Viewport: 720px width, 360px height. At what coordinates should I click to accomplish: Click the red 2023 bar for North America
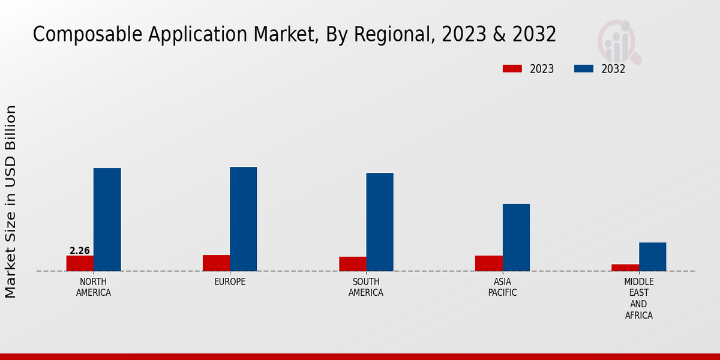coord(80,263)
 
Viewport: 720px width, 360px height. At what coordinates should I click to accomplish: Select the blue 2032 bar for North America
coord(107,220)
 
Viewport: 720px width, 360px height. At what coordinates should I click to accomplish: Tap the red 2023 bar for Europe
coord(216,263)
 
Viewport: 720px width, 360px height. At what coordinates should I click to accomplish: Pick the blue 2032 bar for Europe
coord(243,219)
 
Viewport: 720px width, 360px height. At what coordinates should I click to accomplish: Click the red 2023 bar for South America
coord(352,264)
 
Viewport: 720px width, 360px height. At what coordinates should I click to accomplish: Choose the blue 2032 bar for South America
coord(380,222)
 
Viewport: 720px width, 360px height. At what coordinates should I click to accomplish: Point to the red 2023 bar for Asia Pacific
coord(488,263)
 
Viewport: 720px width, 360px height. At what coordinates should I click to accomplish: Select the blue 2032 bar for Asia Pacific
coord(516,238)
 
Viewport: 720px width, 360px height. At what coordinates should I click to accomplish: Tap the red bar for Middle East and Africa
coord(625,268)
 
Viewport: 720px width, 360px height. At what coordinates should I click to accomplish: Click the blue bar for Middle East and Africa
coord(652,257)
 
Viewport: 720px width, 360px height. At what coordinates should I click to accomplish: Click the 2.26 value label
coord(80,251)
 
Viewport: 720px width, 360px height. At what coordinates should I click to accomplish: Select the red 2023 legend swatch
coord(512,69)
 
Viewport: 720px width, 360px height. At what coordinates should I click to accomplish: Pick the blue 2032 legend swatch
coord(584,69)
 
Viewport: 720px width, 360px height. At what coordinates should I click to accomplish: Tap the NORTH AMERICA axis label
coord(94,287)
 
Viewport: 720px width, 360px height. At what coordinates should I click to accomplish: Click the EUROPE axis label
coord(230,282)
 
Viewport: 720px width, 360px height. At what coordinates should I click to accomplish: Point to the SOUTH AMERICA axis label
coord(366,287)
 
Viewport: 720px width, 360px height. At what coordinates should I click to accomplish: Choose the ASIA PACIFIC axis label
coord(502,287)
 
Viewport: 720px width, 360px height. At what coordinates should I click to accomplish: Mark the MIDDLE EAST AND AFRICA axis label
coord(639,298)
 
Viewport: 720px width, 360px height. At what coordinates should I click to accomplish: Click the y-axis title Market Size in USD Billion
coord(11,202)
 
